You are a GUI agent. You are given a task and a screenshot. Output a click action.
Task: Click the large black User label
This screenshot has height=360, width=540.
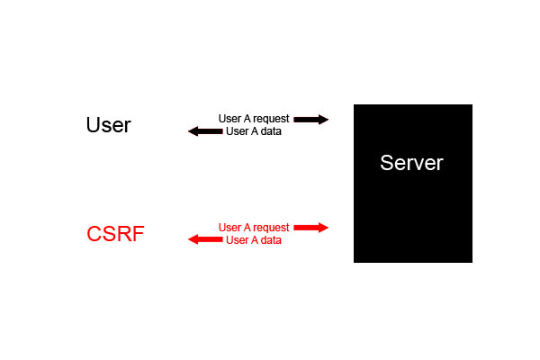pyautogui.click(x=108, y=125)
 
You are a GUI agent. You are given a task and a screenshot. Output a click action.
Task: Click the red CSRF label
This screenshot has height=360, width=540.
pyautogui.click(x=115, y=234)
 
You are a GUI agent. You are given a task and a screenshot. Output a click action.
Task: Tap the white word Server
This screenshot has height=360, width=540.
pyautogui.click(x=411, y=163)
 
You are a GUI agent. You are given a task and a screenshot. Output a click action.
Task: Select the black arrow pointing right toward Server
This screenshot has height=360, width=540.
pyautogui.click(x=310, y=119)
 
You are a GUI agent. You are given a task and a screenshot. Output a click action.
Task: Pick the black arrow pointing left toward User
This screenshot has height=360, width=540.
pyautogui.click(x=205, y=131)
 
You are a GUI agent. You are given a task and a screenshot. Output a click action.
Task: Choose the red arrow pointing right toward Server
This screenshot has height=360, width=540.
pyautogui.click(x=310, y=228)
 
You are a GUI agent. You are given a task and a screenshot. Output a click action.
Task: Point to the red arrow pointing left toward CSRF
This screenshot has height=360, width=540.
pyautogui.click(x=205, y=240)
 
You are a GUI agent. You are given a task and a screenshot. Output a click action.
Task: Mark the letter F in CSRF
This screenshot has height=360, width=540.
pyautogui.click(x=138, y=234)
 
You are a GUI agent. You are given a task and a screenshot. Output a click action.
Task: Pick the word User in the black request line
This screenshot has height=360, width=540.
pyautogui.click(x=229, y=119)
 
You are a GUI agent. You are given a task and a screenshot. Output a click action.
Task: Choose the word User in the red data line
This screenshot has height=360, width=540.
pyautogui.click(x=237, y=240)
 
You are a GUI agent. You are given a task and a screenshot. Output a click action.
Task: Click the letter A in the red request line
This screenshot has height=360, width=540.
pyautogui.click(x=247, y=228)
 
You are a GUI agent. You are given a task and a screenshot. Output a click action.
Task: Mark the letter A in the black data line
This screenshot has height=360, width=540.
pyautogui.click(x=255, y=131)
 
